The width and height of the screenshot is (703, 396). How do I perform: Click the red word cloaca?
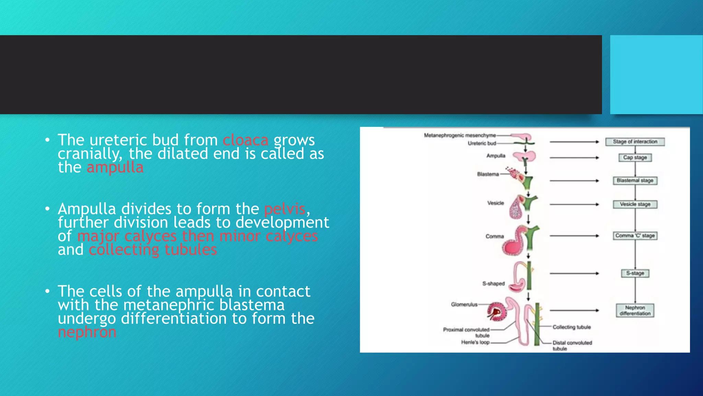click(245, 140)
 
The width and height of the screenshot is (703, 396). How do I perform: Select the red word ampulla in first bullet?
click(115, 168)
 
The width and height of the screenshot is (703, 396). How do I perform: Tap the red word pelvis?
click(285, 209)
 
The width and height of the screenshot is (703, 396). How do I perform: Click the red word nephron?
click(87, 332)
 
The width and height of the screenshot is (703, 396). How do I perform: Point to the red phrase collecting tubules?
click(153, 250)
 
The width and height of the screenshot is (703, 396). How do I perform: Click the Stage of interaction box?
click(635, 142)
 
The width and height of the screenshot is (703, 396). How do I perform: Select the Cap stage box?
click(635, 157)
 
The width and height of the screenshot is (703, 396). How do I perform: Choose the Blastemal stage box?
click(635, 180)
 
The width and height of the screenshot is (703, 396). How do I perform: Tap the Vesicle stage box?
click(635, 204)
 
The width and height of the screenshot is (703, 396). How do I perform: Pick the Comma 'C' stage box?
click(635, 235)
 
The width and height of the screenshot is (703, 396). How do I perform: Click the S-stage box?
click(635, 273)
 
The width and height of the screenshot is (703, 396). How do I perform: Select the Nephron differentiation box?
click(635, 310)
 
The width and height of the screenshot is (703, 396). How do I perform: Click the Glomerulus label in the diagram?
click(464, 305)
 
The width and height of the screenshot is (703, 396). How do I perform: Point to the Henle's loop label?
click(475, 342)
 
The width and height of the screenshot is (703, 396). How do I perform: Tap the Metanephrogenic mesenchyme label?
click(460, 135)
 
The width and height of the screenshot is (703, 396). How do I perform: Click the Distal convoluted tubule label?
click(572, 345)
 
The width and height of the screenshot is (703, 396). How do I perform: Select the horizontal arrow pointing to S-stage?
click(574, 273)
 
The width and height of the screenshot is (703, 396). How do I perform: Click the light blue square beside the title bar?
click(656, 75)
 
